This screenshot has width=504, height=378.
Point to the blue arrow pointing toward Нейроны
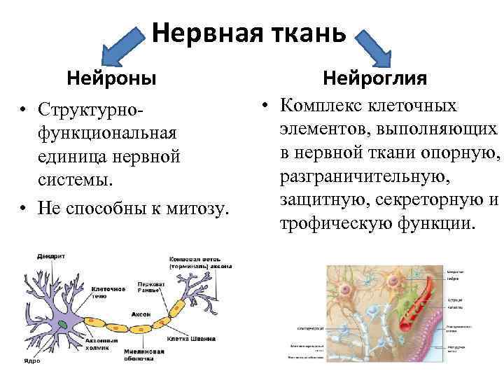(125, 45)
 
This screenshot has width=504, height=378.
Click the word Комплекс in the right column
(319, 106)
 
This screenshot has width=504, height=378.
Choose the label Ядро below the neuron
(32, 360)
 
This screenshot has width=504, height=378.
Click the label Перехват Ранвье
(151, 286)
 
